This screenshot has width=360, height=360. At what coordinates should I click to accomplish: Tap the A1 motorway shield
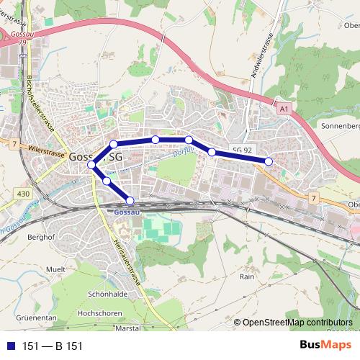(284, 109)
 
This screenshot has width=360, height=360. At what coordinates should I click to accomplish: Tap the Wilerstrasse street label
(46, 149)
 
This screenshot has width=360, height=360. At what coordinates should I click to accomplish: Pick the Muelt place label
(55, 268)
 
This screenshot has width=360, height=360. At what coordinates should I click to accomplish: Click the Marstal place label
(127, 328)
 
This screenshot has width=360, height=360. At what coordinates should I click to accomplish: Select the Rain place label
(248, 276)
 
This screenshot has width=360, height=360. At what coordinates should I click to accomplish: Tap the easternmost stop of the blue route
(269, 161)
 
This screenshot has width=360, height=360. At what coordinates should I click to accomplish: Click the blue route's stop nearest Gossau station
(130, 200)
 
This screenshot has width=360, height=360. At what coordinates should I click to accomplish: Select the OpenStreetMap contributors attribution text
(297, 323)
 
